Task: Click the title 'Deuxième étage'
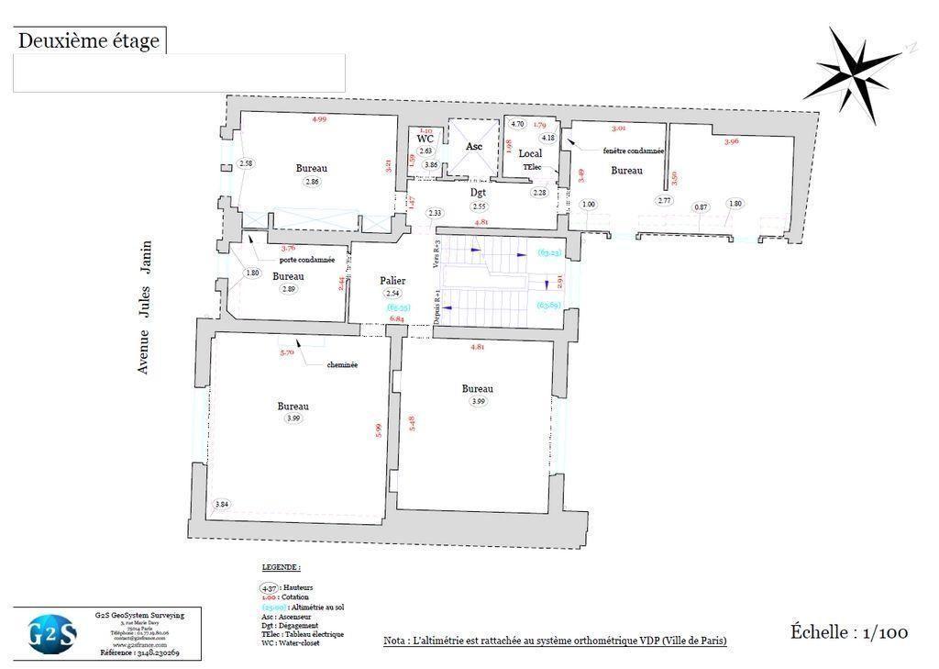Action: pyautogui.click(x=89, y=41)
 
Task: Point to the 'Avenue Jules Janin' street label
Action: pyautogui.click(x=144, y=307)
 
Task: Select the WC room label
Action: pyautogui.click(x=425, y=139)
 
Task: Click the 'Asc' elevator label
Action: pyautogui.click(x=474, y=147)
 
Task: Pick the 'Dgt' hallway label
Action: pyautogui.click(x=478, y=194)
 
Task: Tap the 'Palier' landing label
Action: pyautogui.click(x=392, y=281)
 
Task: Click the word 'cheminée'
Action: pyautogui.click(x=342, y=364)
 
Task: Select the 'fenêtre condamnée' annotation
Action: pyautogui.click(x=634, y=151)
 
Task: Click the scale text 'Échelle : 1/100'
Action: pyautogui.click(x=849, y=632)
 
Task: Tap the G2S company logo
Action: pyautogui.click(x=52, y=634)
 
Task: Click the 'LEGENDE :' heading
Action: pyautogui.click(x=282, y=568)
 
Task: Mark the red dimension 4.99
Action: pyautogui.click(x=319, y=119)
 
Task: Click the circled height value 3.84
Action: pyautogui.click(x=222, y=505)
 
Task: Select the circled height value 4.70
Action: pyautogui.click(x=517, y=124)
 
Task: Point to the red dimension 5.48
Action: pyautogui.click(x=413, y=422)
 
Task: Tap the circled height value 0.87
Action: pyautogui.click(x=701, y=206)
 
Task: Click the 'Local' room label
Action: pyautogui.click(x=530, y=153)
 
